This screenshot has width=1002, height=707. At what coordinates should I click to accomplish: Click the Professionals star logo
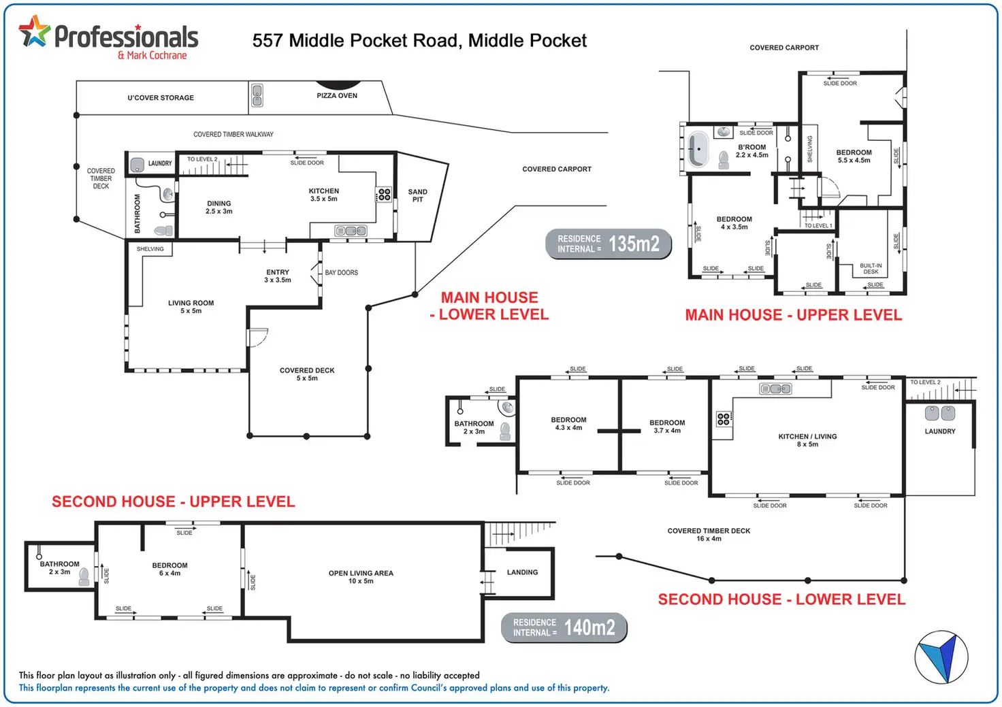pyautogui.click(x=34, y=31)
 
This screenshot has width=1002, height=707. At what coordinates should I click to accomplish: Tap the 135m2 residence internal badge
pyautogui.click(x=609, y=244)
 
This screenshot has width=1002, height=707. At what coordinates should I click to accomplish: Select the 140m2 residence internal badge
pyautogui.click(x=564, y=627)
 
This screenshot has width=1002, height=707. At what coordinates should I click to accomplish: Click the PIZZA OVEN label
pyautogui.click(x=337, y=95)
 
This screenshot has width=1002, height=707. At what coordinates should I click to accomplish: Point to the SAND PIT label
pyautogui.click(x=417, y=195)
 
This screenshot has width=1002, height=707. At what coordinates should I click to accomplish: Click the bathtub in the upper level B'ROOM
pyautogui.click(x=698, y=149)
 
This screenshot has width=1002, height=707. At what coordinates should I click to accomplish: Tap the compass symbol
pyautogui.click(x=941, y=657)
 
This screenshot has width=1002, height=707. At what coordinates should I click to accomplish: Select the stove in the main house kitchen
pyautogui.click(x=384, y=195)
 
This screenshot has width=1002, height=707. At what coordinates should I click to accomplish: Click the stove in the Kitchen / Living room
pyautogui.click(x=724, y=418)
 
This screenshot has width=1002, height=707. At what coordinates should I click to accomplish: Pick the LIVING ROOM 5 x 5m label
pyautogui.click(x=191, y=307)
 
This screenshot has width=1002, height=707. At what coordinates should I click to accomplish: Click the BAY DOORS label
pyautogui.click(x=341, y=272)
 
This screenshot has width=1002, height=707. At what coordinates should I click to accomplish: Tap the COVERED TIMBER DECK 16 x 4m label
pyautogui.click(x=709, y=534)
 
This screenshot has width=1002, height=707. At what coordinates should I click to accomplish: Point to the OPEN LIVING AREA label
pyautogui.click(x=361, y=577)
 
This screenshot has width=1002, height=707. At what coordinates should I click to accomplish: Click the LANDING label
pyautogui.click(x=522, y=572)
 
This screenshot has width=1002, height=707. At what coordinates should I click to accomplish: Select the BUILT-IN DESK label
pyautogui.click(x=871, y=268)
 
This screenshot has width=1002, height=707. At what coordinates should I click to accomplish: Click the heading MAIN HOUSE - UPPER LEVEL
pyautogui.click(x=793, y=315)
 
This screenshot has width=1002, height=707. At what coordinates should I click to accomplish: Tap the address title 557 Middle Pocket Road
pyautogui.click(x=419, y=41)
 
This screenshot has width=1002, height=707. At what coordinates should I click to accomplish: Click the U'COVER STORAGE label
pyautogui.click(x=161, y=97)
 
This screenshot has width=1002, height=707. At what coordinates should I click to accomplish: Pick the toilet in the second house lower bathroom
pyautogui.click(x=505, y=431)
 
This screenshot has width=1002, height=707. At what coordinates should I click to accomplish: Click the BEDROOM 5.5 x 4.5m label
pyautogui.click(x=854, y=157)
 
